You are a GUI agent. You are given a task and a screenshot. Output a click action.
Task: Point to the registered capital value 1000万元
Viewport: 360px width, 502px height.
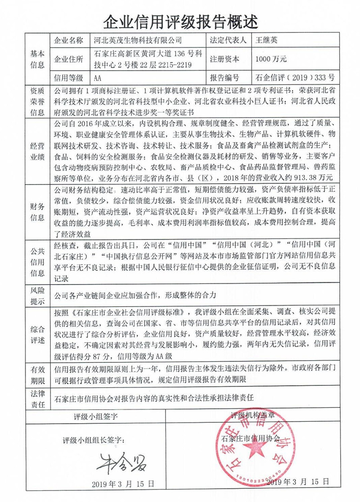pos(271,59)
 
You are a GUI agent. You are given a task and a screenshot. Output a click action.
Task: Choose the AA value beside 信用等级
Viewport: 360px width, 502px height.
pos(99,77)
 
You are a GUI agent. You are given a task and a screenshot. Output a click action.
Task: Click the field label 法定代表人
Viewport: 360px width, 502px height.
pos(228,41)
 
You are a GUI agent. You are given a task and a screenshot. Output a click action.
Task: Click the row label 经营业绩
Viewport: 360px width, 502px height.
pos(37,151)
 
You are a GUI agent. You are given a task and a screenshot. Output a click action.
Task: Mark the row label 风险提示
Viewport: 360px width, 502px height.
pos(37,295)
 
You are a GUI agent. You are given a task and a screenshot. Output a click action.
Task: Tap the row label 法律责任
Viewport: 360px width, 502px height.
pos(37,398)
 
